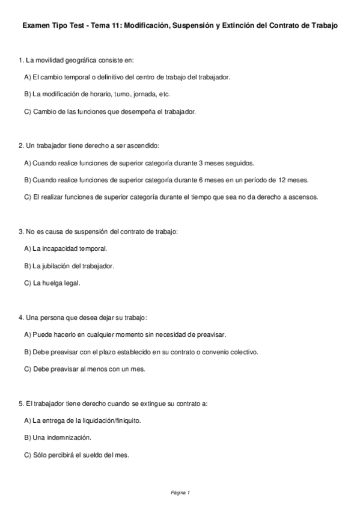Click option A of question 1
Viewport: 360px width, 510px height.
127,77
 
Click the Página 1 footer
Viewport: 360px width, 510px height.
180,493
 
